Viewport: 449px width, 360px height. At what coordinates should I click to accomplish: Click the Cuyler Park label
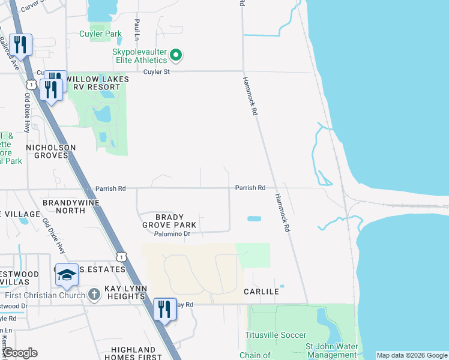coord(100,34)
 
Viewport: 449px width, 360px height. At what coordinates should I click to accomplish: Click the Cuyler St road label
coord(157,72)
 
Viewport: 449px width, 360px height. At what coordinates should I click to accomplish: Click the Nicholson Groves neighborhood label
coord(51,152)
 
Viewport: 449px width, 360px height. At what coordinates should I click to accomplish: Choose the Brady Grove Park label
coord(176,221)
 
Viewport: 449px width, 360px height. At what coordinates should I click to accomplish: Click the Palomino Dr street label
coord(172,234)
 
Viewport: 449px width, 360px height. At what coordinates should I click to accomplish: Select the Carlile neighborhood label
coord(261,292)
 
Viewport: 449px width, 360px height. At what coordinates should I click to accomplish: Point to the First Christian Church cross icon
coord(94,295)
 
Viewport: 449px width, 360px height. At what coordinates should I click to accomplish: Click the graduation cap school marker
coord(67,275)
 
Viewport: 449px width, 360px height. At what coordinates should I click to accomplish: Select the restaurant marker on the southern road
coord(164,308)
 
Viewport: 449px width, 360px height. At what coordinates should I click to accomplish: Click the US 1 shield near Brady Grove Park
coord(122,256)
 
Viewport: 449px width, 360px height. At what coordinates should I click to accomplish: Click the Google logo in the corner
coord(20,353)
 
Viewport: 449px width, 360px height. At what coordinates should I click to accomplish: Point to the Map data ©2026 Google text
coord(412,355)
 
